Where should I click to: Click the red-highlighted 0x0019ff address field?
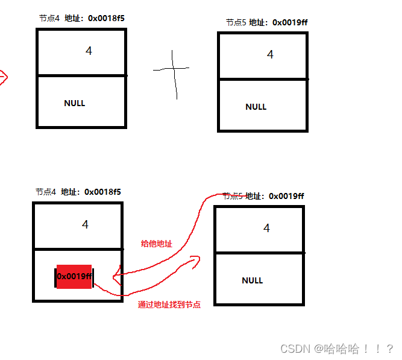(x=74, y=276)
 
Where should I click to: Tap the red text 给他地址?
(x=156, y=244)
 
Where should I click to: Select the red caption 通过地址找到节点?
(x=169, y=305)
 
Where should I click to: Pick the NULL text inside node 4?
(x=75, y=103)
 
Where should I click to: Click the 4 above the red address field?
(x=86, y=224)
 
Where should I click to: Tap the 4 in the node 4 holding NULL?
(x=89, y=51)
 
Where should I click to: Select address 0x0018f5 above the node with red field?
(x=102, y=192)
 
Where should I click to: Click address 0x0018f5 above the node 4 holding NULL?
(x=106, y=18)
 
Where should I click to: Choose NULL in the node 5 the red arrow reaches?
(x=253, y=280)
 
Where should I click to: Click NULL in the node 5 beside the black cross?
(x=256, y=107)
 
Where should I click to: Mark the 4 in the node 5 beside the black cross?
(x=270, y=55)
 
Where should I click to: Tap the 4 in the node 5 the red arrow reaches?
(x=266, y=229)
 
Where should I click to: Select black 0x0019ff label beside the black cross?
(x=291, y=22)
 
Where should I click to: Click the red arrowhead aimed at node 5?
(x=195, y=260)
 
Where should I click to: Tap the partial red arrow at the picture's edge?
(x=3, y=77)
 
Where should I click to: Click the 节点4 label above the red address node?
(x=46, y=192)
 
